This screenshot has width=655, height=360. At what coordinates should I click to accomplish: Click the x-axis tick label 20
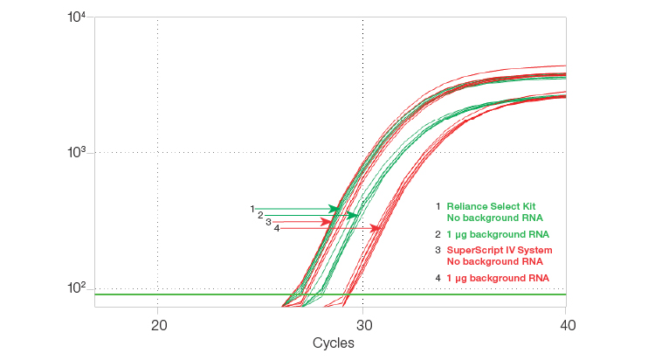tap(158, 325)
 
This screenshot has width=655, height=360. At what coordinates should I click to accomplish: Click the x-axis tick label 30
tap(362, 325)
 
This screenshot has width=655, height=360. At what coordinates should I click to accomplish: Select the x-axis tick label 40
tap(566, 325)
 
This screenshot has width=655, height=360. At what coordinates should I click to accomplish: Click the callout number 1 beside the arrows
tap(252, 209)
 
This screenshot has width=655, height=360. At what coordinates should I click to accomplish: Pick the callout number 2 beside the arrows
tap(260, 215)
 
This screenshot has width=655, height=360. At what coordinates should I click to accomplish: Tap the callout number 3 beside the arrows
tap(268, 222)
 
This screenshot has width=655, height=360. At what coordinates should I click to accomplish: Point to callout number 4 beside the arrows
tap(276, 228)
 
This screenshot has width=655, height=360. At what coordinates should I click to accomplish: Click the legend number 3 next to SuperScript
tap(438, 250)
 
